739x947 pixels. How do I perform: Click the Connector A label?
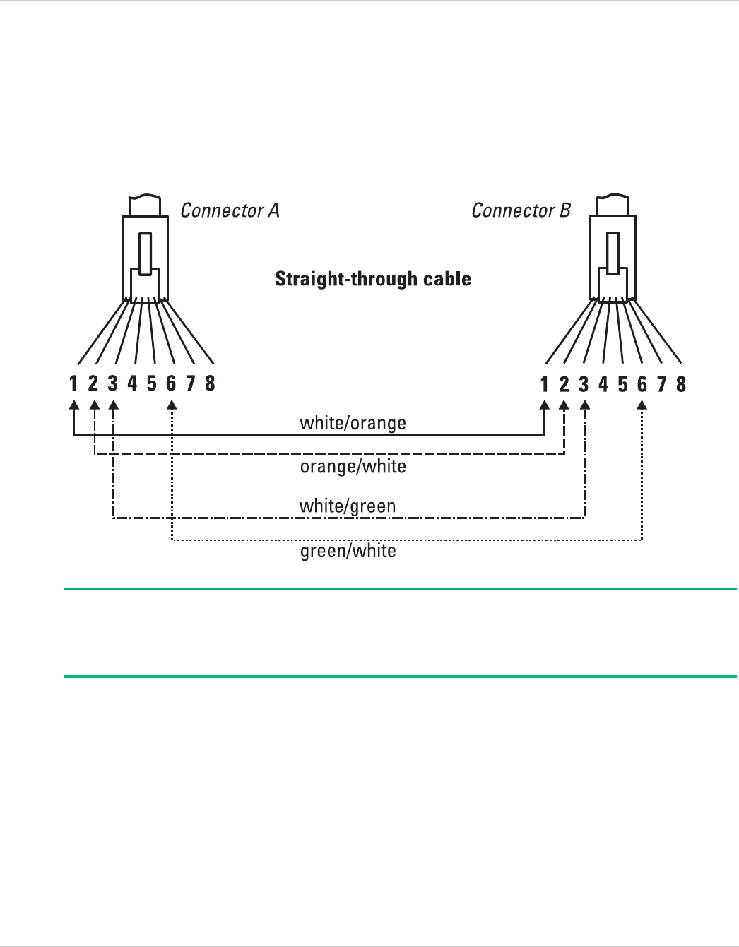tap(230, 210)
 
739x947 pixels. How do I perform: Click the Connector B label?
tap(521, 210)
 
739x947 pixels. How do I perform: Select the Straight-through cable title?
tap(373, 279)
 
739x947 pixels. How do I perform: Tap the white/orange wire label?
tap(353, 423)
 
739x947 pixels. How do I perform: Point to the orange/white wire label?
tap(353, 467)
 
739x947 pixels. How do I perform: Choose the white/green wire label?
tap(347, 506)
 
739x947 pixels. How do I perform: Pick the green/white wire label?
tap(348, 551)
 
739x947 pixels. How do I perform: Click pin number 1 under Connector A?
tap(73, 383)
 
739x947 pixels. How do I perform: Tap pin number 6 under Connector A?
tap(171, 383)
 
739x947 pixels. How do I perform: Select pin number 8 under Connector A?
tap(210, 383)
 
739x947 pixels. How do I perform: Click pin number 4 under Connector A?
tap(132, 383)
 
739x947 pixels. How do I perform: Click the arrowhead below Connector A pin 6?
tap(171, 406)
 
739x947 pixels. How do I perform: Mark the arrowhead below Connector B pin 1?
tap(544, 406)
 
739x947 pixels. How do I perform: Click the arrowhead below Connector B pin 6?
tap(642, 406)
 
